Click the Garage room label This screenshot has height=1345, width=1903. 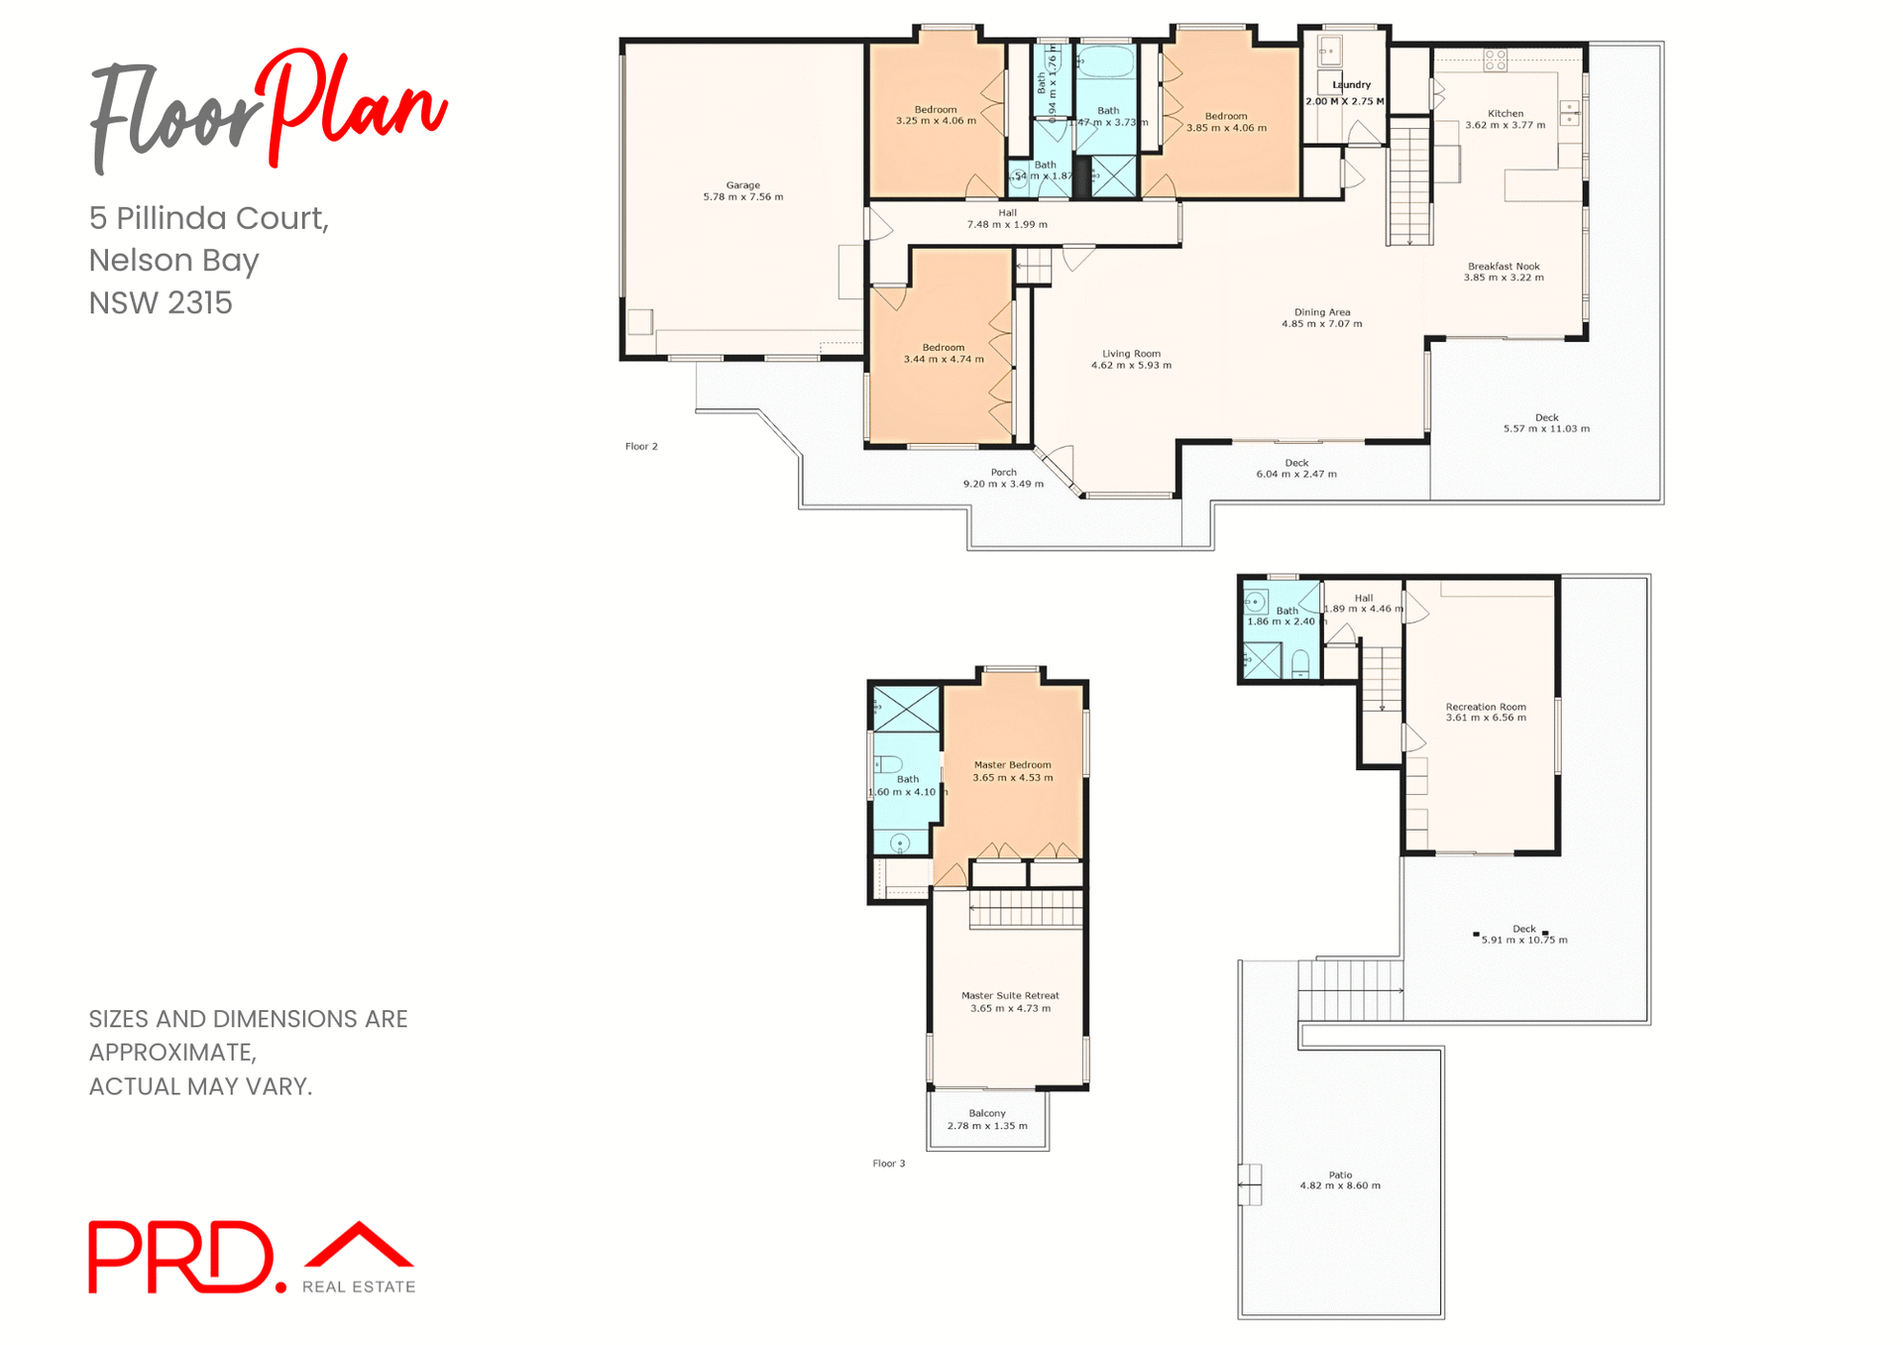coord(742,185)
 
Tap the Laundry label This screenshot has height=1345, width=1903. coord(1352,85)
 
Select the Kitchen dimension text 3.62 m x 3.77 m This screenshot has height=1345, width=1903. coord(1505,126)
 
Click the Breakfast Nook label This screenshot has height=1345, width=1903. coord(1504,267)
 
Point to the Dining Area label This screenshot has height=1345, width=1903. coord(1321,312)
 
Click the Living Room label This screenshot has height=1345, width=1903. coord(1131,354)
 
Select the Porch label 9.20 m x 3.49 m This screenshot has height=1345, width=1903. coord(1003,479)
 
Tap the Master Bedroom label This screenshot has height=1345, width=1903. coord(1012,765)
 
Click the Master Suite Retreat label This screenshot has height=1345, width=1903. coord(1010,996)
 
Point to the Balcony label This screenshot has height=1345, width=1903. coord(987,1114)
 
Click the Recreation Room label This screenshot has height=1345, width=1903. coord(1485,707)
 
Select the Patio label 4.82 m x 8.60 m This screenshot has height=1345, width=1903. coord(1340,1180)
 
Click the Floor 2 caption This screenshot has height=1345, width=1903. coord(641,447)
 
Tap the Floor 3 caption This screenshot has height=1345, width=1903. coord(888,1164)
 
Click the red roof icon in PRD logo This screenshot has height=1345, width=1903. coord(359,1245)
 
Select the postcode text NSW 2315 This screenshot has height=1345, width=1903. coord(161,303)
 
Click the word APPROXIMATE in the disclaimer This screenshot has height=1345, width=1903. coord(171,1053)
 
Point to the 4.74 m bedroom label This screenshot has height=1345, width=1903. coord(943,354)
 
